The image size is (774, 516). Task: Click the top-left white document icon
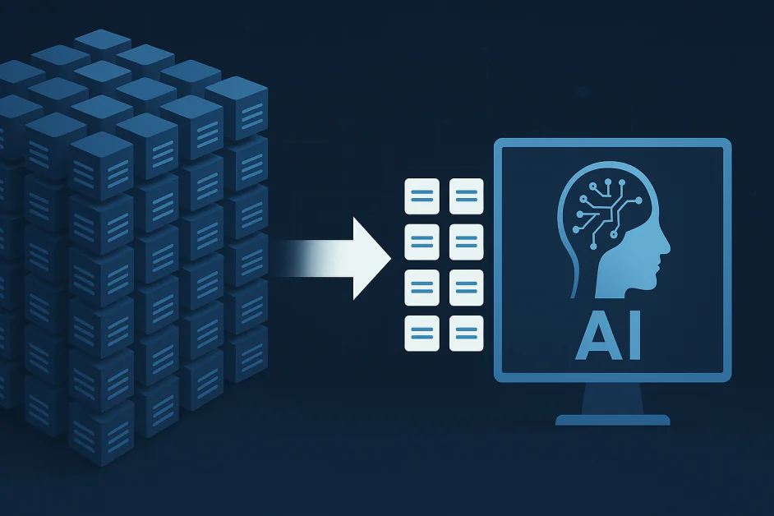tap(422, 196)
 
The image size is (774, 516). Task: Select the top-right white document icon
tap(467, 196)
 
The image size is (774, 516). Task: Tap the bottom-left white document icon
tap(422, 334)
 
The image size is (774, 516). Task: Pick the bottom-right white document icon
tap(467, 334)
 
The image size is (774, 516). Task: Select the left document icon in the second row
tap(422, 242)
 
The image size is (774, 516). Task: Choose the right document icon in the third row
tap(467, 288)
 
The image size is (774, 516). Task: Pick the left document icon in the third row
tap(422, 288)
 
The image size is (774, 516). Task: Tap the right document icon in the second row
tap(467, 242)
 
